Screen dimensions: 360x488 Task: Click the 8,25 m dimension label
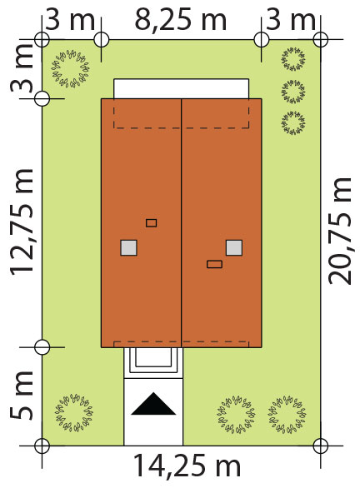tap(180, 20)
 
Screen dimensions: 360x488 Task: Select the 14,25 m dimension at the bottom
tap(187, 466)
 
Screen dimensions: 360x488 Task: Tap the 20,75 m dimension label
tap(340, 231)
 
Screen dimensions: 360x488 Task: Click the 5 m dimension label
tap(22, 396)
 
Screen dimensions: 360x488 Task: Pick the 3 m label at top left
tap(70, 20)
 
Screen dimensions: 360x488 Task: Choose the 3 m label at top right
tap(291, 20)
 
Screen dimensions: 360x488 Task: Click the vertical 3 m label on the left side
tap(22, 69)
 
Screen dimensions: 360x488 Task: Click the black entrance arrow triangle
tap(153, 404)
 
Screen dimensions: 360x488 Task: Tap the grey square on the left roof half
tap(128, 247)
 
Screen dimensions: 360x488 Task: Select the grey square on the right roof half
tap(234, 247)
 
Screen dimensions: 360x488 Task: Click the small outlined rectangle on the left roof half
tap(152, 223)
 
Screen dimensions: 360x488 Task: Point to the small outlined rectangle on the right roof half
tap(214, 264)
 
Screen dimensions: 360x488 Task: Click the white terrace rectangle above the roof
tap(181, 89)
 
